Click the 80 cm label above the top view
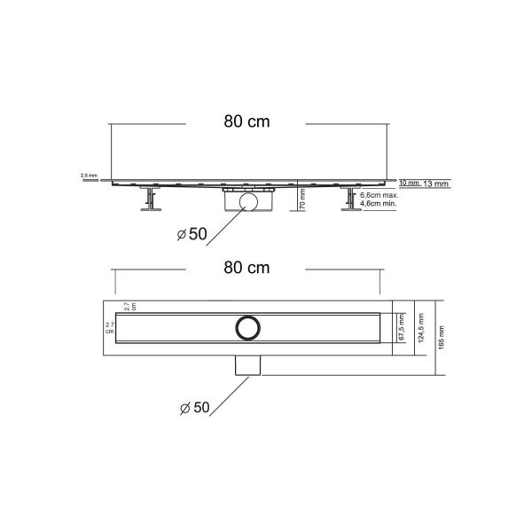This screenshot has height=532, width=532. pyautogui.click(x=246, y=267)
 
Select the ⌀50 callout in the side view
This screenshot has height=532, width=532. pyautogui.click(x=192, y=233)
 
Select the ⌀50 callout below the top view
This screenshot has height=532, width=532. pyautogui.click(x=192, y=408)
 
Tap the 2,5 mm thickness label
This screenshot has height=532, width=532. pyautogui.click(x=90, y=176)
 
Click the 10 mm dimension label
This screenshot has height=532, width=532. pyautogui.click(x=409, y=183)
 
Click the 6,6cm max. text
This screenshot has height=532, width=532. pyautogui.click(x=379, y=195)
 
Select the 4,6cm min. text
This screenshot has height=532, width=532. pyautogui.click(x=378, y=204)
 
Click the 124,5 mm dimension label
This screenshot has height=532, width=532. pyautogui.click(x=423, y=328)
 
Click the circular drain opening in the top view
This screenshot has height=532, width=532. pyautogui.click(x=247, y=326)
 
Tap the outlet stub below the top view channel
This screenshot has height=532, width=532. pyautogui.click(x=247, y=364)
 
